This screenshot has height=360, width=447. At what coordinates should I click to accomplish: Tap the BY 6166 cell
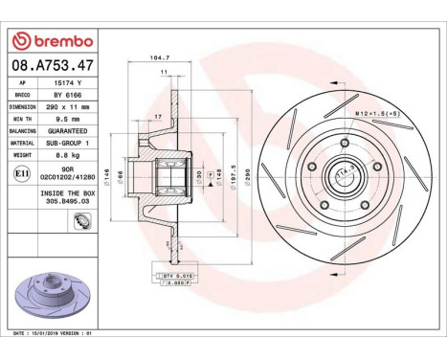pyautogui.click(x=73, y=96)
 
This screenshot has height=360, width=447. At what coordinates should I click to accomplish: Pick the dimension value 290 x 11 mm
pyautogui.click(x=73, y=107)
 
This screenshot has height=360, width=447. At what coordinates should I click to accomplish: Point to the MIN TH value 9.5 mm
pyautogui.click(x=73, y=119)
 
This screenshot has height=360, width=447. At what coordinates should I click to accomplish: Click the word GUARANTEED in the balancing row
pyautogui.click(x=73, y=129)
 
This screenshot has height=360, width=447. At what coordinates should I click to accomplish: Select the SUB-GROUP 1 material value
pyautogui.click(x=73, y=141)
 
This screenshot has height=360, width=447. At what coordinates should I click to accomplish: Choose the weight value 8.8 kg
pyautogui.click(x=73, y=151)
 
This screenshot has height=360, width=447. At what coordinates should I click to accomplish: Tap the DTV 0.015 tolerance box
pyautogui.click(x=177, y=274)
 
